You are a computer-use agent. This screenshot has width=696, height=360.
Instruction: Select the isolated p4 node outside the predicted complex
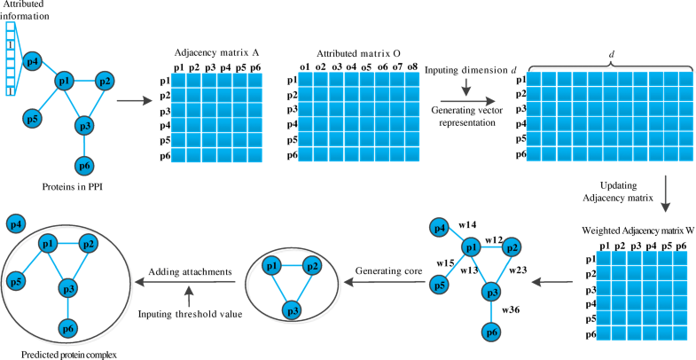tap(16, 224)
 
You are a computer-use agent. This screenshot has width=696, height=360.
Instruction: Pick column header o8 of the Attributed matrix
tap(411, 67)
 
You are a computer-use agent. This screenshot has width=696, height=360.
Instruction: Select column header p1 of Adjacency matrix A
tap(179, 67)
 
